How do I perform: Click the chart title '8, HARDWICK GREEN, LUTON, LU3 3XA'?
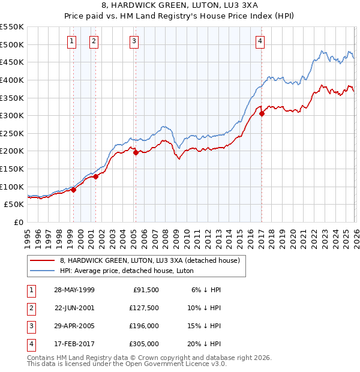tap(179, 7)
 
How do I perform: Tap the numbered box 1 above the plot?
tap(72, 41)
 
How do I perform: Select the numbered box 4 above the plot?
tap(260, 41)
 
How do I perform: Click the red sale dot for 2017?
tap(262, 113)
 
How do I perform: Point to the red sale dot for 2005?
tap(136, 152)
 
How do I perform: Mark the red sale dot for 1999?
tap(73, 190)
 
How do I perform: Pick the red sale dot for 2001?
tap(95, 177)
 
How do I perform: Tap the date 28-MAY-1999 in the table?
tap(74, 290)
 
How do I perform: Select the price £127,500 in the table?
tap(144, 308)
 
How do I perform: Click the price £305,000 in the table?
tap(144, 344)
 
